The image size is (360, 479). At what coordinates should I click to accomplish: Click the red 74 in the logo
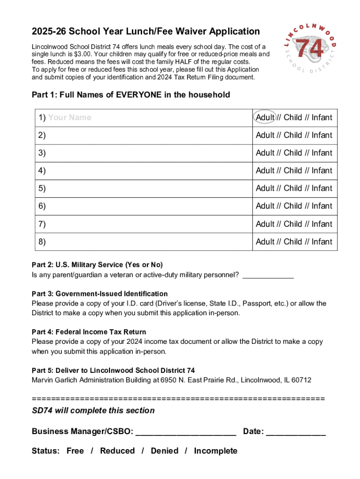point(310,49)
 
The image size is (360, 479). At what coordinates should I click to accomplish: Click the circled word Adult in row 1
point(265,117)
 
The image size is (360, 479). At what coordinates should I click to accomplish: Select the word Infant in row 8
point(322,242)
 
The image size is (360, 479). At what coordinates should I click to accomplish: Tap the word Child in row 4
point(293,171)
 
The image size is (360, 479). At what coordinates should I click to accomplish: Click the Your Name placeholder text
point(70,117)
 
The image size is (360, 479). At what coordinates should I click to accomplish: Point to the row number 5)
point(43,189)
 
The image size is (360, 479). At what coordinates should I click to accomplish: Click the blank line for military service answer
point(268,275)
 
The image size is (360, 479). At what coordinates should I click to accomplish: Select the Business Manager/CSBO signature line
point(186,432)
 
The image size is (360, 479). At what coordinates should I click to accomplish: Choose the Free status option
point(75,451)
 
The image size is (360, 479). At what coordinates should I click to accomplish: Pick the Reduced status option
point(117,451)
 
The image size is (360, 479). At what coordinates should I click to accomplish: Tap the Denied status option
point(165,451)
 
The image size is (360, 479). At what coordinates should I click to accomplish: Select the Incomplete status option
point(216,451)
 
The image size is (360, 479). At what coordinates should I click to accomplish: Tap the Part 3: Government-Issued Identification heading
point(100,294)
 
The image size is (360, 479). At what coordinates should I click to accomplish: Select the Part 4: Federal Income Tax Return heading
point(89,332)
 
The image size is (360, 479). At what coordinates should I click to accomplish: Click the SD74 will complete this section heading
point(93,411)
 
